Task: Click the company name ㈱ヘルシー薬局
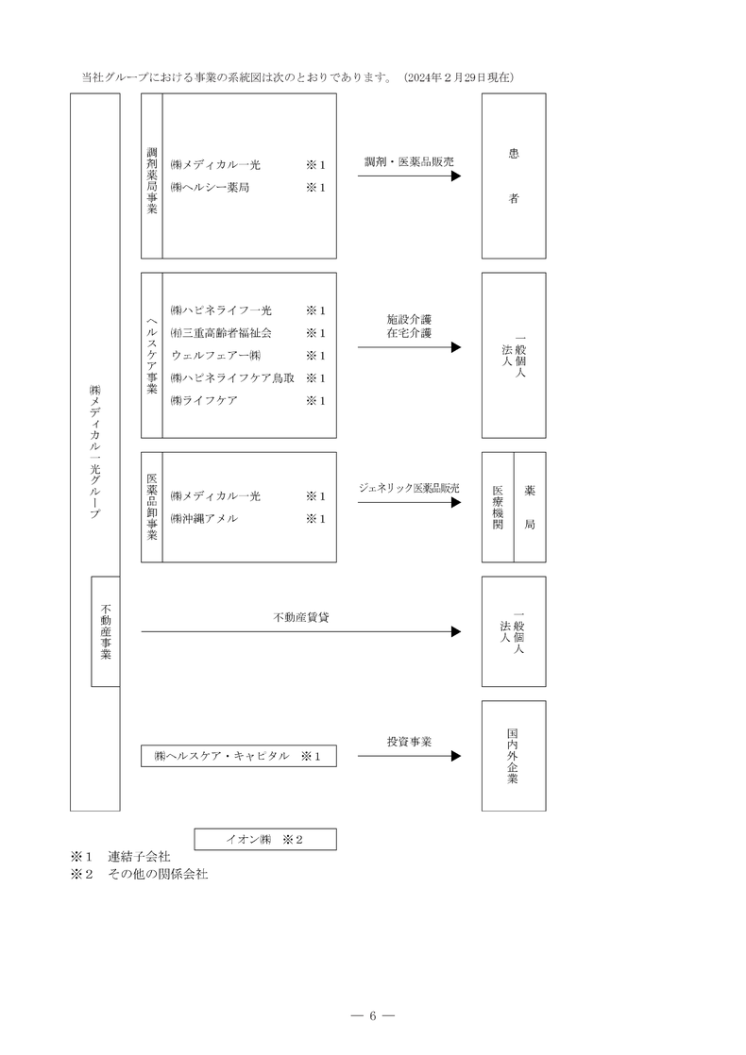(210, 188)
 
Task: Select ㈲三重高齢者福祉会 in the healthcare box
(221, 333)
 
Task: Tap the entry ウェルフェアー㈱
(215, 356)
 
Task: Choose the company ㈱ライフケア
(204, 401)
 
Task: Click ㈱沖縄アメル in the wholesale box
(204, 519)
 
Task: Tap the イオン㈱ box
(264, 839)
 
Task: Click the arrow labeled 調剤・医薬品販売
(409, 176)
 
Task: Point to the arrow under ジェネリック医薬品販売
(409, 503)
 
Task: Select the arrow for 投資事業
(409, 757)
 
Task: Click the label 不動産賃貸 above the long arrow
(301, 618)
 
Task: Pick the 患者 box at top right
(514, 176)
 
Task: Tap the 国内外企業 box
(514, 756)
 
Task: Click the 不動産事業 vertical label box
(105, 631)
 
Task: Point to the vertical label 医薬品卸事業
(152, 507)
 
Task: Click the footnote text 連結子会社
(139, 857)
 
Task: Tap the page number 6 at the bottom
(372, 1016)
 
